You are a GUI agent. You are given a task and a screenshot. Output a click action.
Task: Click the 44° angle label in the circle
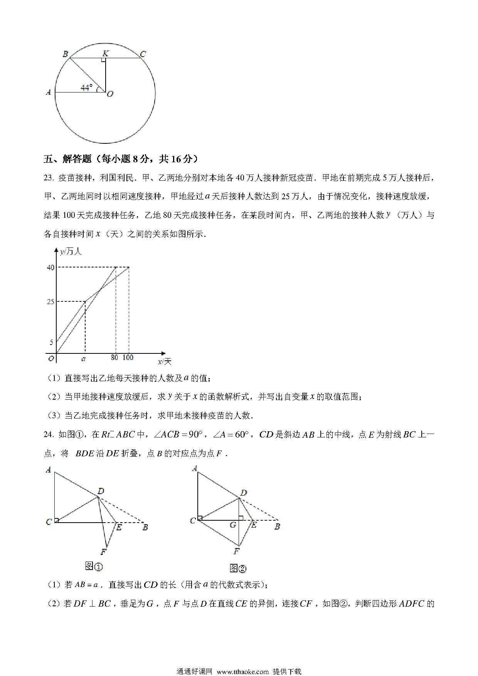point(87,87)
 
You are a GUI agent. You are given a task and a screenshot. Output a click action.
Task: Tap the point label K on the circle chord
point(105,53)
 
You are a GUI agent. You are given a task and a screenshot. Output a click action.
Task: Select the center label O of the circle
point(110,94)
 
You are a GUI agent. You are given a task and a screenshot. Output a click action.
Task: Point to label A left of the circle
point(48,92)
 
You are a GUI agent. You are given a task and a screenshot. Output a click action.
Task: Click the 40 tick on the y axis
point(50,267)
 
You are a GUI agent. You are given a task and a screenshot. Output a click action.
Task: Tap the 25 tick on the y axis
point(50,301)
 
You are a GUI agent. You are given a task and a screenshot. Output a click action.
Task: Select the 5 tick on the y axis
point(52,342)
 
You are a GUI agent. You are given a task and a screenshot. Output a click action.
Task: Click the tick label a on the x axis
point(84,359)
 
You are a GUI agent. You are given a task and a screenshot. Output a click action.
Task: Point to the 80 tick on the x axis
point(114,358)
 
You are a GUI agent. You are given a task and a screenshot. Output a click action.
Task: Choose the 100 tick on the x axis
point(128,358)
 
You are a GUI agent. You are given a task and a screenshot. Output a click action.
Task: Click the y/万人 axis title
point(71,252)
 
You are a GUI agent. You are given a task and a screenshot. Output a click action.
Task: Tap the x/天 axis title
point(165,362)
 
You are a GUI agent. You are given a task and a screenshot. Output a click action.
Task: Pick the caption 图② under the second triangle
point(237,568)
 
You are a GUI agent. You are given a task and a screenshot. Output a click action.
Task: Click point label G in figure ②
point(233,525)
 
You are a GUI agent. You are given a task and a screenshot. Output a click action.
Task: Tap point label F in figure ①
point(103,552)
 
